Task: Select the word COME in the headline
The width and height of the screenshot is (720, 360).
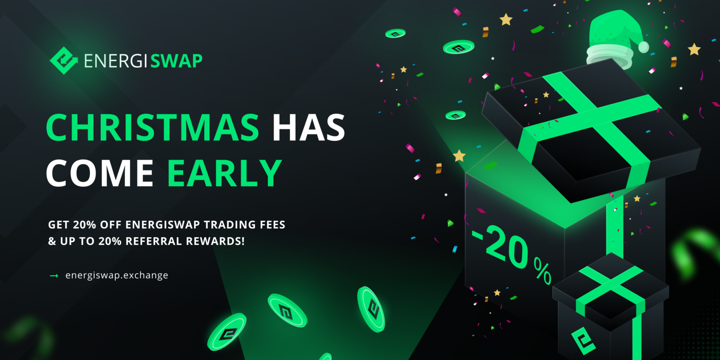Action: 100,173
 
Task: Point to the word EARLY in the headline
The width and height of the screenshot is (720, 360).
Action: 225,173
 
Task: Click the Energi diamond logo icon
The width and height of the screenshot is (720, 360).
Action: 63,61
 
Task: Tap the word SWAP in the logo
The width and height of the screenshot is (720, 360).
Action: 176,61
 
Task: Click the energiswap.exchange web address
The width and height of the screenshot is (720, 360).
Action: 117,275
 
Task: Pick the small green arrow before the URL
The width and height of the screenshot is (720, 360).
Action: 54,276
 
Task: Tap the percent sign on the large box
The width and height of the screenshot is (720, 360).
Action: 542,272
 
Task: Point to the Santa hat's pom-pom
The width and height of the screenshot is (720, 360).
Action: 643,47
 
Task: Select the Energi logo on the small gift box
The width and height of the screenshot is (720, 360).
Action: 583,341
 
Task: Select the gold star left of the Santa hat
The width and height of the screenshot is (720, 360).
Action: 506,20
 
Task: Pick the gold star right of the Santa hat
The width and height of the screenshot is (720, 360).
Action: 694,49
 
